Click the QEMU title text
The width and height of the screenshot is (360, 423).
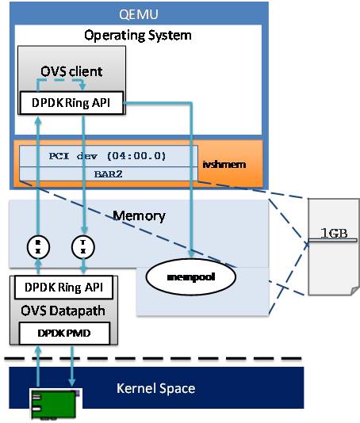click(138, 14)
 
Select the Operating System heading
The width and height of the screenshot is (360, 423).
click(138, 36)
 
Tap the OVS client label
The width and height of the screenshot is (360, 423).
click(71, 71)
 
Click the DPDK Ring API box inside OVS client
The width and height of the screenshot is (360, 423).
click(71, 103)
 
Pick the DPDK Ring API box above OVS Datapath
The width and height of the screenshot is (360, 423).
click(63, 288)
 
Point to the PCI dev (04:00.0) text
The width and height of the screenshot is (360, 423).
click(107, 156)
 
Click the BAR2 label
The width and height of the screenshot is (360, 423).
click(109, 174)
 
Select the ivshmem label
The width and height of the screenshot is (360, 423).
click(224, 164)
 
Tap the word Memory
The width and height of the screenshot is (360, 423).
click(139, 215)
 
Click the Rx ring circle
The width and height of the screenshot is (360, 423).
click(38, 247)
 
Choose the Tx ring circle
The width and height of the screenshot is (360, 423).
click(83, 247)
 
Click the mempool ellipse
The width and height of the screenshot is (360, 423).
click(191, 277)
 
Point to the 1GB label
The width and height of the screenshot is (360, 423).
click(334, 233)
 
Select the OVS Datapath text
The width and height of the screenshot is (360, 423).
click(63, 311)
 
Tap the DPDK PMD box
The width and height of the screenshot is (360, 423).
click(64, 333)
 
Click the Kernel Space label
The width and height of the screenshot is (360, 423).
click(156, 388)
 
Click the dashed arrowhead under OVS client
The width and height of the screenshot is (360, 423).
click(82, 86)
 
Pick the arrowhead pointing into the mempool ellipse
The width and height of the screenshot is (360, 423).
click(191, 253)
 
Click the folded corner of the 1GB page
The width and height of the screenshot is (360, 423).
click(354, 291)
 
